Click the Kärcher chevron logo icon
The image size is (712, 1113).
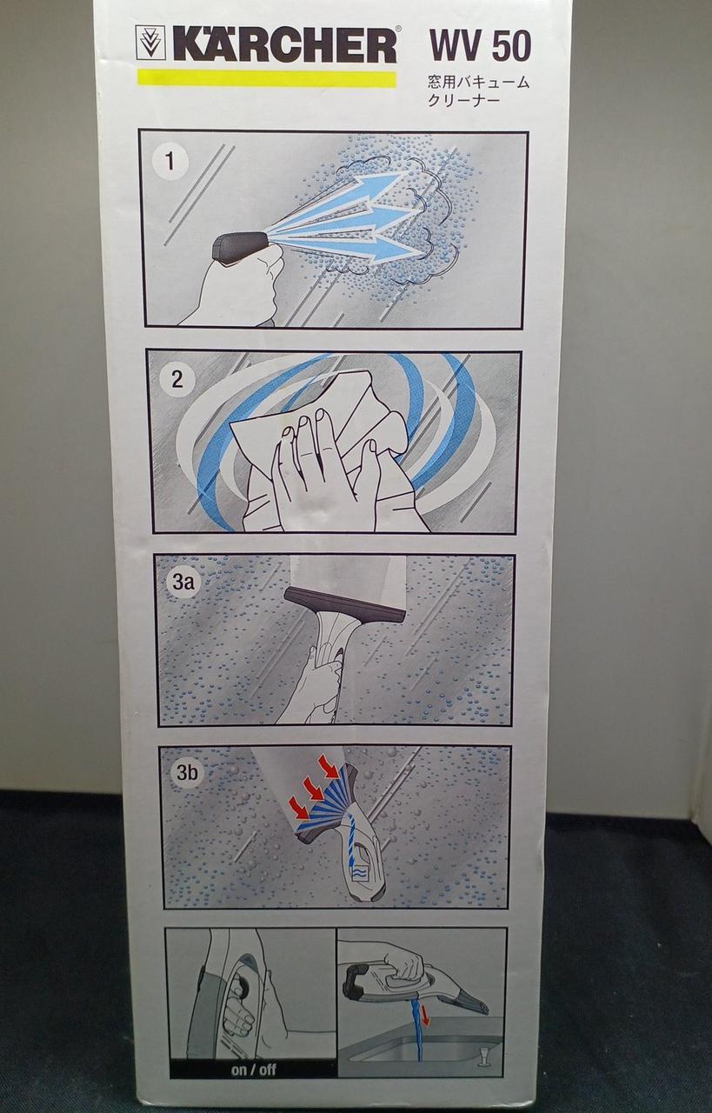click(151, 43)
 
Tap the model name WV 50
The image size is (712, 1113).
click(480, 46)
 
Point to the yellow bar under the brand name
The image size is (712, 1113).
click(266, 79)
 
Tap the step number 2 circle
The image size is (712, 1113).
click(176, 380)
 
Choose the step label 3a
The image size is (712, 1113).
click(183, 582)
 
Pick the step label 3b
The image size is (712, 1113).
click(187, 773)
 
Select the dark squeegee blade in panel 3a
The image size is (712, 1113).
click(346, 603)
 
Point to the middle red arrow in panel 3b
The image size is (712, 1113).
click(313, 788)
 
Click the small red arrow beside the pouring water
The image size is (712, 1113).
click(425, 1003)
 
